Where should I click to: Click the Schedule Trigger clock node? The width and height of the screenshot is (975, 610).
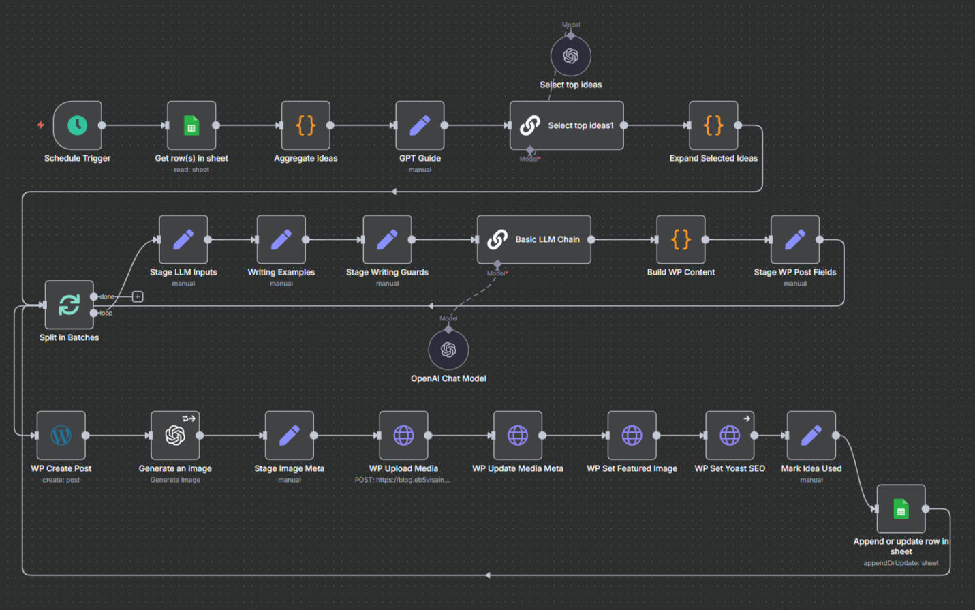[78, 125]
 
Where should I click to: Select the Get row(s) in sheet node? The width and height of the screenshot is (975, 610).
[191, 125]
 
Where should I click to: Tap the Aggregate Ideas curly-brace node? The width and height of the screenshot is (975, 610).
[306, 125]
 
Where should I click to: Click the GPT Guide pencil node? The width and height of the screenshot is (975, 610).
[420, 125]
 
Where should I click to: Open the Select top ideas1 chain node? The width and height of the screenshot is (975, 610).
[566, 125]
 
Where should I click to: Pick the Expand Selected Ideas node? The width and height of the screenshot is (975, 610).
[713, 125]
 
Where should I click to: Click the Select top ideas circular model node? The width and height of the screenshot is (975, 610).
[571, 57]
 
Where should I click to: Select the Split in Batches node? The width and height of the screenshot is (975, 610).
[69, 305]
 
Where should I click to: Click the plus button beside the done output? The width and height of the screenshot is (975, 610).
[138, 296]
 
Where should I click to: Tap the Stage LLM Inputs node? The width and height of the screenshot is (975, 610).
[183, 239]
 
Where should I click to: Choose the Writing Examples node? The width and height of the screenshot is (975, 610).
[281, 239]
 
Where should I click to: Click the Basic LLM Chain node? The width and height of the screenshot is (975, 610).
[533, 239]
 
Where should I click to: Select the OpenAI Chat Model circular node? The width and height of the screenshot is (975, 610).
[448, 350]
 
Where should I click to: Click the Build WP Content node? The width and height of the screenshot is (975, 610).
[681, 239]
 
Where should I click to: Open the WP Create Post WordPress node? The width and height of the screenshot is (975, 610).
[61, 436]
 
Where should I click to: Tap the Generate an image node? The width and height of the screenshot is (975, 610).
[175, 436]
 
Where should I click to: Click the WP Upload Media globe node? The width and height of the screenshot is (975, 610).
[403, 436]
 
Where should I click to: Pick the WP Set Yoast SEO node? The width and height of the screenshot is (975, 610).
[730, 436]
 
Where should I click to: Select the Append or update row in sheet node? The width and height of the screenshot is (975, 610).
[901, 509]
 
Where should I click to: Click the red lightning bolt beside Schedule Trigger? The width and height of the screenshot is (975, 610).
[41, 125]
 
